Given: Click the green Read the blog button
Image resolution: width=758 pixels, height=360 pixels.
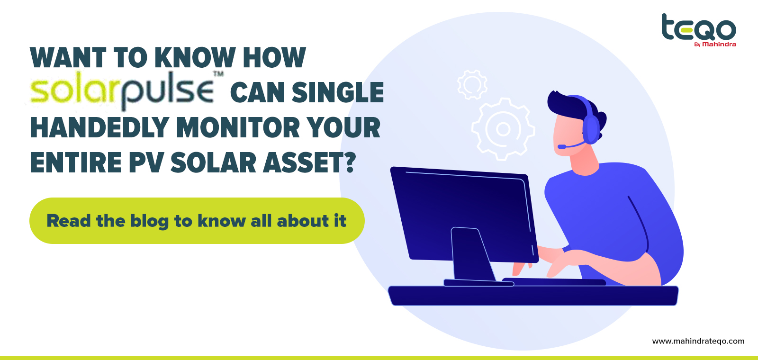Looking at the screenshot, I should pyautogui.click(x=197, y=221).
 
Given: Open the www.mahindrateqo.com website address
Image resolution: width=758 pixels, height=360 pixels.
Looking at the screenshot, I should pyautogui.click(x=698, y=341).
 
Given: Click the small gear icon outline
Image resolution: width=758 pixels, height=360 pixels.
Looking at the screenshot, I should pyautogui.click(x=472, y=85).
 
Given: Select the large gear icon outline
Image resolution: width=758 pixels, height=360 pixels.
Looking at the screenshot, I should pyautogui.click(x=503, y=129).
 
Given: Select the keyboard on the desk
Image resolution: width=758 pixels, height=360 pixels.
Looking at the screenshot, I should pyautogui.click(x=554, y=281).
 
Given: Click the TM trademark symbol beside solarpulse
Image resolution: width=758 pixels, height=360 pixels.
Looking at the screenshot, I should pyautogui.click(x=218, y=74).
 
